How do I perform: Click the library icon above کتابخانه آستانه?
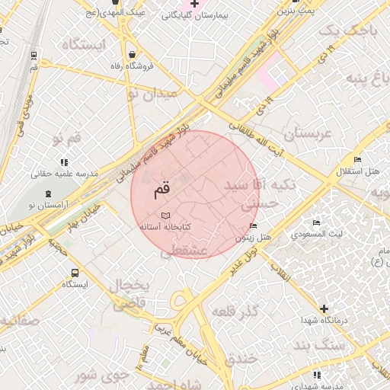pos(166,216)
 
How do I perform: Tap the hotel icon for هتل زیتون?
pos(253,226)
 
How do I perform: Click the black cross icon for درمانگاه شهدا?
pos(324,308)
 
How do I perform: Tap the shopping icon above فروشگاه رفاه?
pos(134,55)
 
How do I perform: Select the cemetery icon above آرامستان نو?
pos(47,194)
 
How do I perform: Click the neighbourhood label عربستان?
pos(308,135)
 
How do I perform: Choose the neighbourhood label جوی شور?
pos(98,375)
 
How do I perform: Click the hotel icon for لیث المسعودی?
pos(316,223)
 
